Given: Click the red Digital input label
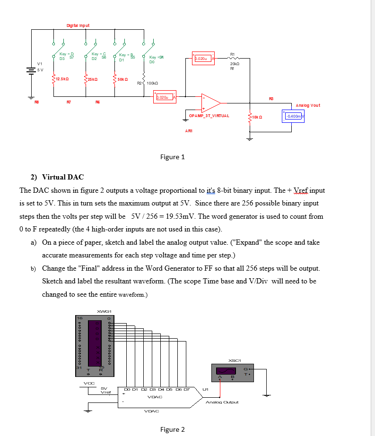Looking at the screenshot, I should click(78, 25).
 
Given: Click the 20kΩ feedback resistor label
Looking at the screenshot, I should click(235, 63).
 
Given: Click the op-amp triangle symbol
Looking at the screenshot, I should click(210, 102).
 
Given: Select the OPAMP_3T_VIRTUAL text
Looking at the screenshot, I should click(209, 116).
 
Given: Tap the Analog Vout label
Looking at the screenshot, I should click(308, 105).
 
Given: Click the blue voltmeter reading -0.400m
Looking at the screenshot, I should click(293, 116).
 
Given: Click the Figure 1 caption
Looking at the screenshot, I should click(173, 157).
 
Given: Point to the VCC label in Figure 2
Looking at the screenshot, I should click(88, 383).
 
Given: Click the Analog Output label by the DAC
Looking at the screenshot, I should click(222, 402).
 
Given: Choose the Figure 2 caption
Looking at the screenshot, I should click(173, 429).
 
